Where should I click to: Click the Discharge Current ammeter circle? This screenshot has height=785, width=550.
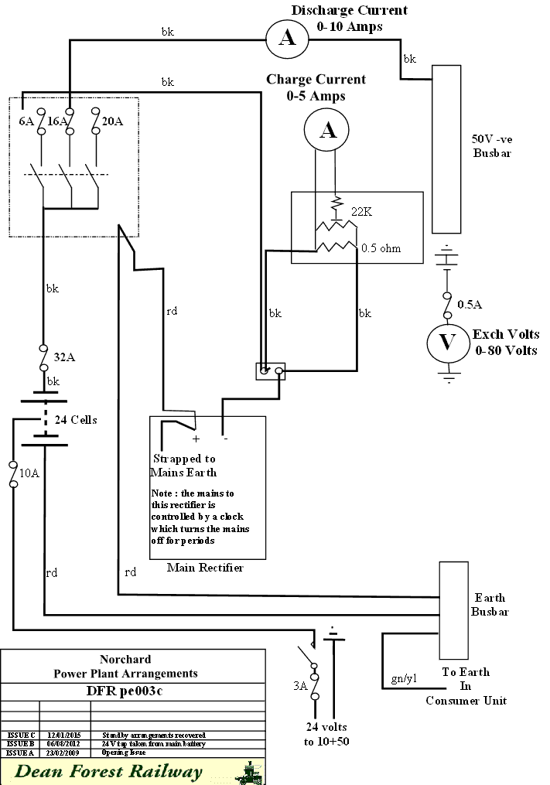pos(287,38)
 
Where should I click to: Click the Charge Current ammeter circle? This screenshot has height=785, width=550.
pos(328,130)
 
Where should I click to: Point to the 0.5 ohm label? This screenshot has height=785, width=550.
pos(381,248)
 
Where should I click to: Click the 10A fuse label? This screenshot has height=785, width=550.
pos(29,473)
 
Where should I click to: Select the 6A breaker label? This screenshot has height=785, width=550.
pos(26,121)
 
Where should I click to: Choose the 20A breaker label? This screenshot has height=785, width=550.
pos(112,121)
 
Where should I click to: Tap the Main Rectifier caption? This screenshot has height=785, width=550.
pos(205,568)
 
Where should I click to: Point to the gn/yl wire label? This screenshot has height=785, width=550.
pos(404,678)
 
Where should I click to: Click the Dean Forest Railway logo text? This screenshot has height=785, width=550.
pos(108,771)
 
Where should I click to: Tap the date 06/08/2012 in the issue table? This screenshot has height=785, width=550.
pos(64,742)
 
